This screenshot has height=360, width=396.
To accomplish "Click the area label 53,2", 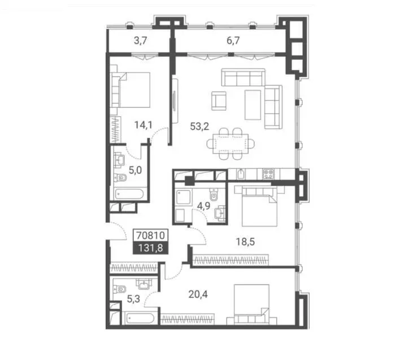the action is coord(199,126).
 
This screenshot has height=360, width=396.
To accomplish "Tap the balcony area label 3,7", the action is coord(141,41).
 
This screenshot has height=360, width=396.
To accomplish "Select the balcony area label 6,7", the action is coord(233,41).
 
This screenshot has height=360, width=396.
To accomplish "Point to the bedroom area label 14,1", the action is coord(143,125).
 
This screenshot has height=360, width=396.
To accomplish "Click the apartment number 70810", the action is coord(150,235).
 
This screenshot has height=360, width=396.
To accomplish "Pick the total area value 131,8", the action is coord(150,248).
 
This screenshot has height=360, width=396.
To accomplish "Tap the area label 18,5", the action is coord(245,242).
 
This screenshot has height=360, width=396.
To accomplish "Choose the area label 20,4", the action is coord(198,294).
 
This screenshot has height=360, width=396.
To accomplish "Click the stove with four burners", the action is coord(268,174).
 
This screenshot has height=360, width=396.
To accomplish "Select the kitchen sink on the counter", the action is coord(241,174).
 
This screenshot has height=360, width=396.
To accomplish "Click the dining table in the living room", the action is coord(230,144).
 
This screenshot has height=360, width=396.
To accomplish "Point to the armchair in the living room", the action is coord(219,101).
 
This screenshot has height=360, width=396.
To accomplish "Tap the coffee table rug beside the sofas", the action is coord(253,105).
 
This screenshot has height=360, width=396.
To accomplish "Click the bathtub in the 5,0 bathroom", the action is coord(129,194).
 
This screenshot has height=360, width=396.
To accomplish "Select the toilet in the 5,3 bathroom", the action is coord(119,289).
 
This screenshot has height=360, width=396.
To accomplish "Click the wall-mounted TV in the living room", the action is coord(175,101).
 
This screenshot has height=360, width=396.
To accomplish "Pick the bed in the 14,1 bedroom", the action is coord(130,90).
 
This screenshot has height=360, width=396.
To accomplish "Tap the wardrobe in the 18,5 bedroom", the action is coord(230,260).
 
